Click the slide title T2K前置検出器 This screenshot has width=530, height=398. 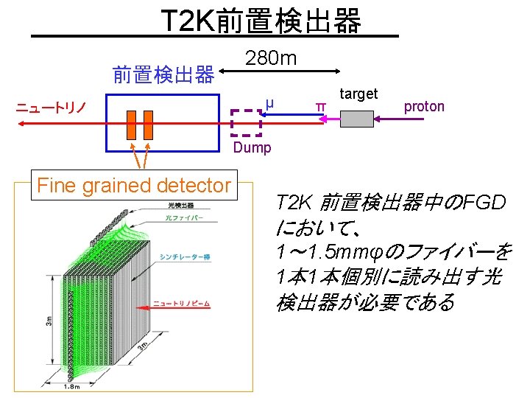(x=261, y=21)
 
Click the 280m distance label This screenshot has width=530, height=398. (x=270, y=58)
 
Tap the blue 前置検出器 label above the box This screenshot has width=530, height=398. (x=163, y=74)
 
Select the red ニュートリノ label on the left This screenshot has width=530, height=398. (x=51, y=108)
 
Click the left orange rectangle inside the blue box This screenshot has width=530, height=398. (x=132, y=125)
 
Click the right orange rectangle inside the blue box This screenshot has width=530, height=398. (x=147, y=125)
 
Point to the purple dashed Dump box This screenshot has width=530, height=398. (x=246, y=122)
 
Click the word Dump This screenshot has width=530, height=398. (x=252, y=147)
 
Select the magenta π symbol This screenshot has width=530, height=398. (x=319, y=108)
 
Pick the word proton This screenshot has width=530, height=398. (x=424, y=106)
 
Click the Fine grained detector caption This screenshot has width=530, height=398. (x=134, y=185)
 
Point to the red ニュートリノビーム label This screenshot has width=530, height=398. (x=181, y=303)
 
